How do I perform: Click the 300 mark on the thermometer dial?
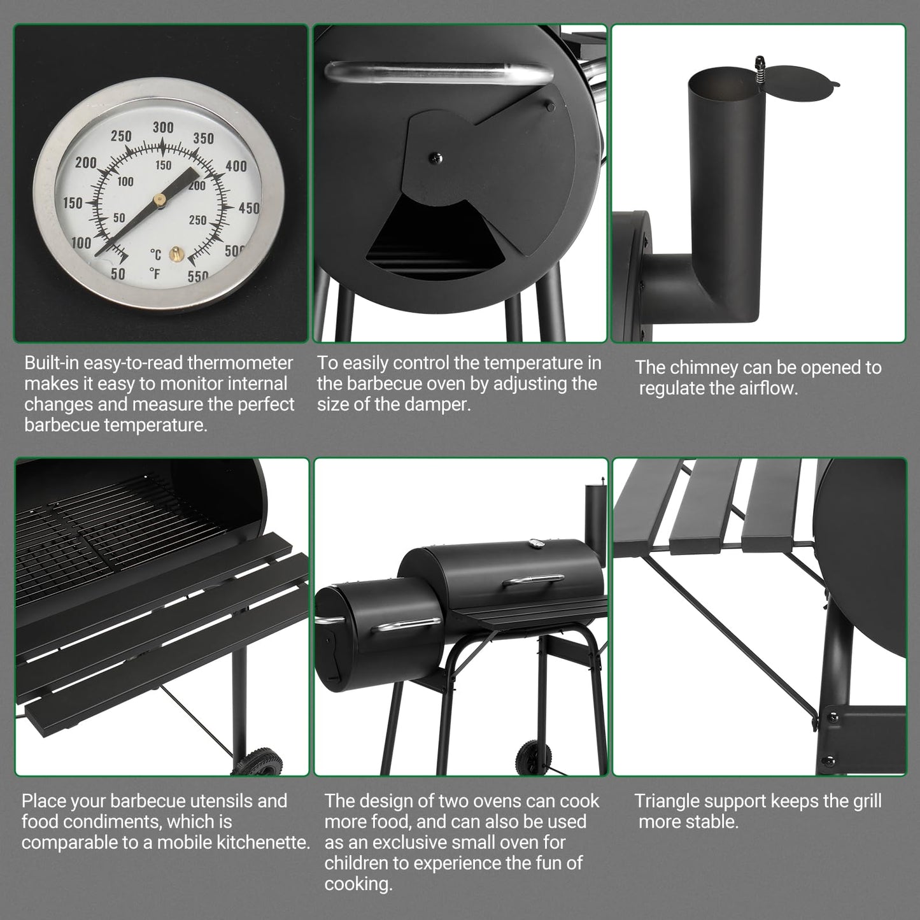[x=163, y=127]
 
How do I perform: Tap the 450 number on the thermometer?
[x=249, y=208]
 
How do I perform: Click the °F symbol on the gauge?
[x=155, y=274]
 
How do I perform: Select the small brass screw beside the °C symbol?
[x=173, y=255]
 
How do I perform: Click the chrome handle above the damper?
[x=439, y=72]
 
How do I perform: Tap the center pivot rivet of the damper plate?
[x=434, y=157]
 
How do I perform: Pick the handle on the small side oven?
[x=408, y=625]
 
